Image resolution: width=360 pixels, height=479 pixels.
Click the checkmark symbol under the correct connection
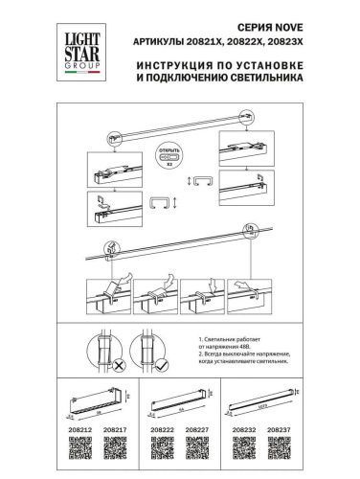pos(164,365)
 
